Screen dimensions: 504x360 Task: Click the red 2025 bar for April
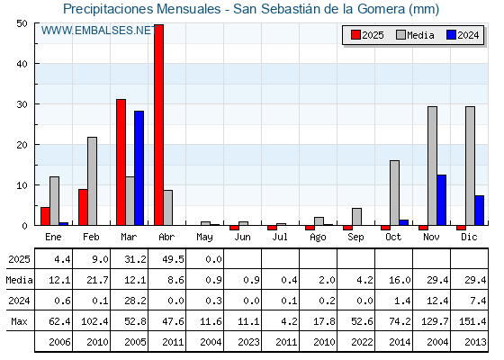[158, 125]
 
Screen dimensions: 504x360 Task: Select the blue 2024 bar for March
[139, 168]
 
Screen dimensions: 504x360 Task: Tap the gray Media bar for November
[432, 166]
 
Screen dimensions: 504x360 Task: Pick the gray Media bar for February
[92, 181]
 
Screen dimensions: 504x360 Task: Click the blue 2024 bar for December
[479, 211]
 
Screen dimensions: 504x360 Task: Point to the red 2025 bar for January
[45, 216]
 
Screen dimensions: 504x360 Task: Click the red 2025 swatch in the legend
[355, 35]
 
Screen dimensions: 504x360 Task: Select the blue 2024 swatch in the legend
[451, 35]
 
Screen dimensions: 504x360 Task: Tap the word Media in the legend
[420, 35]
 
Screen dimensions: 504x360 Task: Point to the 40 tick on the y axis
[22, 64]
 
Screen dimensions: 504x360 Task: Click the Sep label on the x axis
[355, 238]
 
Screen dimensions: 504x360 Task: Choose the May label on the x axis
[204, 238]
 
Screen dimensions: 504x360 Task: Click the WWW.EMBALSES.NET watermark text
[99, 31]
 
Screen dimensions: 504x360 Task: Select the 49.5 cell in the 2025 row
[173, 259]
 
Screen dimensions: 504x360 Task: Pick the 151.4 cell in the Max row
[472, 321]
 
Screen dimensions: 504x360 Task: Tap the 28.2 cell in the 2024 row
[135, 301]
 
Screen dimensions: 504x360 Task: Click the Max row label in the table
[19, 321]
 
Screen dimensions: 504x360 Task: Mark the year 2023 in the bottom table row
[248, 342]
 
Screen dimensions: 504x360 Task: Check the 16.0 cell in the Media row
[400, 280]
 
